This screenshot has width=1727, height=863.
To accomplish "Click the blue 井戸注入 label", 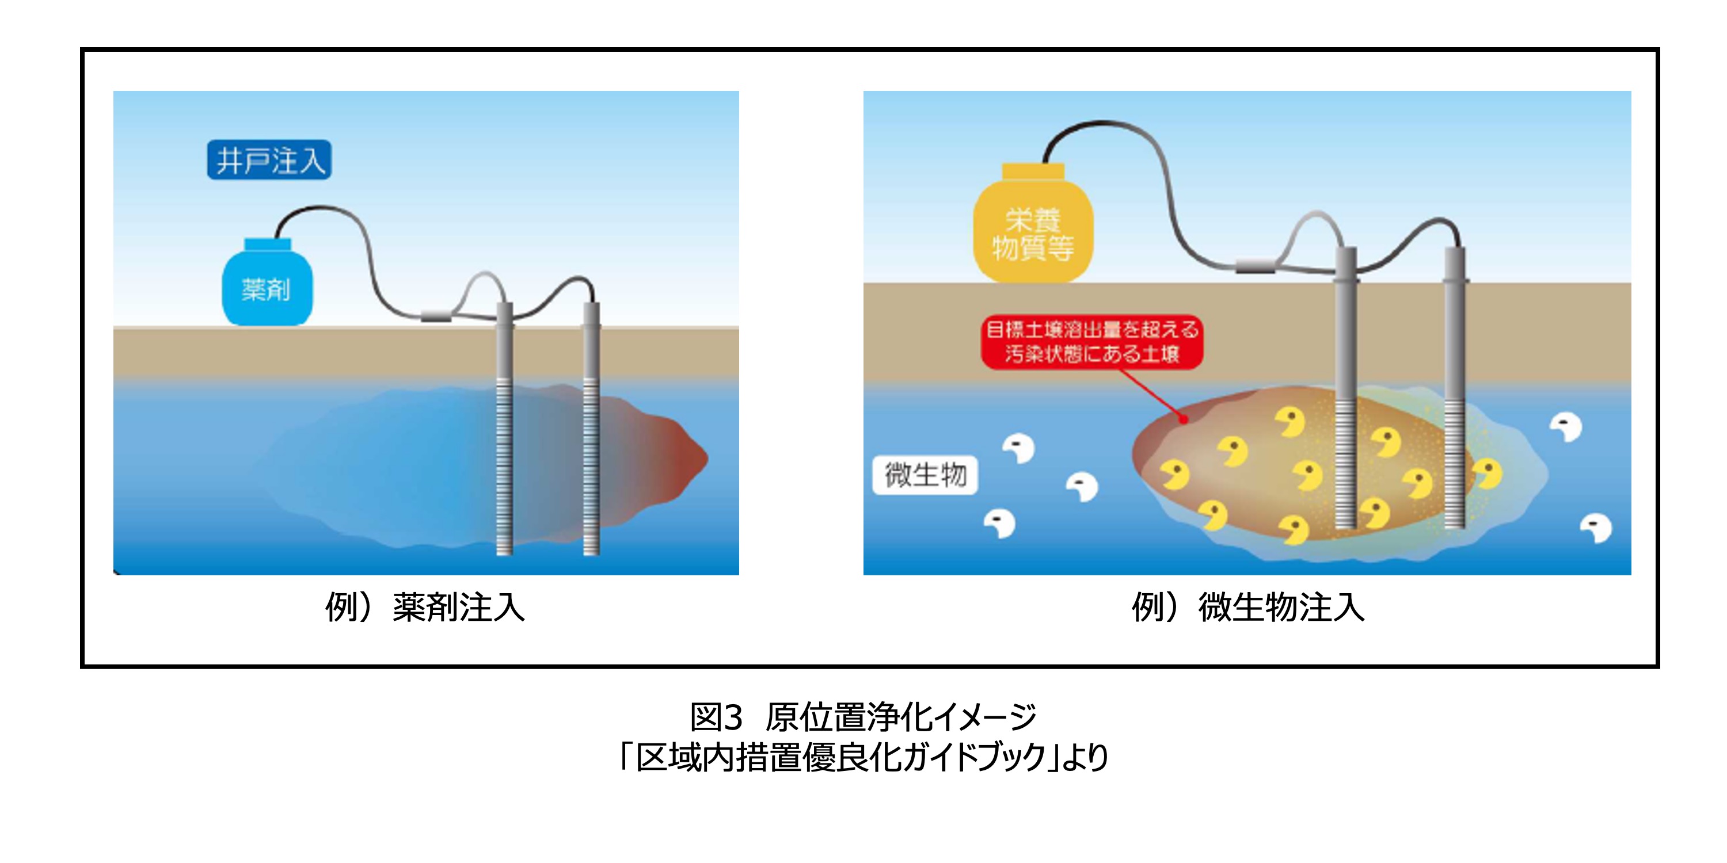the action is pyautogui.click(x=269, y=160).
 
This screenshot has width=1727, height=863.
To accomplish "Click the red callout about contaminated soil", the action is pyautogui.click(x=1091, y=342).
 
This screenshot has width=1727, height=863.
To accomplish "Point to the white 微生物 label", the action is pyautogui.click(x=925, y=475).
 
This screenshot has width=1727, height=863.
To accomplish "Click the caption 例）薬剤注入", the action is pyautogui.click(x=425, y=607).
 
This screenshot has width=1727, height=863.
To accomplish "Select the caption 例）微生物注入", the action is pyautogui.click(x=1247, y=607).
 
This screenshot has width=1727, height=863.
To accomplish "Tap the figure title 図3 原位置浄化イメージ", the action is pyautogui.click(x=863, y=717).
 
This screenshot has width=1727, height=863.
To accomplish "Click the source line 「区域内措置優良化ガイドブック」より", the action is pyautogui.click(x=863, y=757).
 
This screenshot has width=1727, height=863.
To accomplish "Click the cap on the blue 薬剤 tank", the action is pyautogui.click(x=268, y=244).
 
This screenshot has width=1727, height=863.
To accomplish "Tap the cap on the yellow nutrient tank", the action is pyautogui.click(x=1033, y=171).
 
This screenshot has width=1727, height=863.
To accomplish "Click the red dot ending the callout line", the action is pyautogui.click(x=1184, y=419).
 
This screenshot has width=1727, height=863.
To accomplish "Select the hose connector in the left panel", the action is pyautogui.click(x=436, y=315).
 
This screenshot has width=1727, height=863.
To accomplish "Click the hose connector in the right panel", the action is pyautogui.click(x=1256, y=266).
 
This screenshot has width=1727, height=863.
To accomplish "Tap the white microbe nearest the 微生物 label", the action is pyautogui.click(x=1019, y=448).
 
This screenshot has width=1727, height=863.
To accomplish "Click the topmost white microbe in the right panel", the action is pyautogui.click(x=1566, y=427).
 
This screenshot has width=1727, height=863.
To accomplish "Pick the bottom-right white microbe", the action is pyautogui.click(x=1597, y=529).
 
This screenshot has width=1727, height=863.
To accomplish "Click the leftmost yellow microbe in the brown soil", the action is pyautogui.click(x=1174, y=475).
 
